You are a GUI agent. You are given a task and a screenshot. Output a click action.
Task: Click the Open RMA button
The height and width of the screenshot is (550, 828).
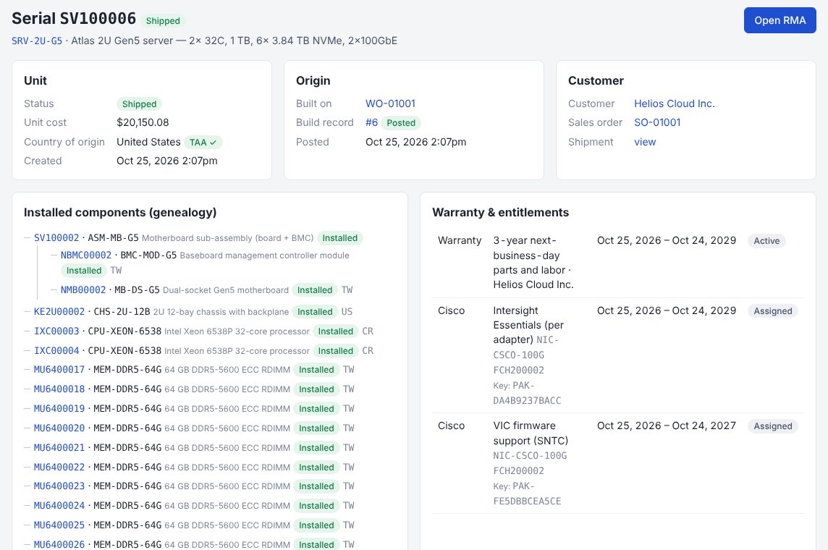(780, 20)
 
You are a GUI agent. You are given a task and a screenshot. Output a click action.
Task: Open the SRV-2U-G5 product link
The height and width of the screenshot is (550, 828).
(37, 41)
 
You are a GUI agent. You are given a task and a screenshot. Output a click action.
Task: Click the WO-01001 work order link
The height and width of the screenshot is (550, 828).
(390, 103)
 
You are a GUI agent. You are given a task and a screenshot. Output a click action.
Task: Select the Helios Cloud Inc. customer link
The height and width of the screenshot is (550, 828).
(675, 103)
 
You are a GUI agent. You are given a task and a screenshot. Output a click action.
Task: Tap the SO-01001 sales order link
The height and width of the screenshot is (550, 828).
(657, 122)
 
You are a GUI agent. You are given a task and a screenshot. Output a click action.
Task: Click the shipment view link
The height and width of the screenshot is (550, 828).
(645, 142)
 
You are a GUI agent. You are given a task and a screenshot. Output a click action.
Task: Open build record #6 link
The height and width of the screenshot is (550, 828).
(372, 122)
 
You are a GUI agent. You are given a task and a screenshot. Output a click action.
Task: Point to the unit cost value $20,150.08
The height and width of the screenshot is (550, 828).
(143, 122)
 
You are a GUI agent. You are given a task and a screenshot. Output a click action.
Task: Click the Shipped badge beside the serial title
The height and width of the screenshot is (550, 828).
(163, 20)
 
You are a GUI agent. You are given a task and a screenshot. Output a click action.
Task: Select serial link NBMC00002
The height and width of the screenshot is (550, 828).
(86, 255)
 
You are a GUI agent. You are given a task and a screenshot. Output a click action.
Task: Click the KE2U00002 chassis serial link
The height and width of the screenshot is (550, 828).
(59, 312)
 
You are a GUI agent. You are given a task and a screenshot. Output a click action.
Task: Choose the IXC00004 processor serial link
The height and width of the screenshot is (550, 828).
(56, 351)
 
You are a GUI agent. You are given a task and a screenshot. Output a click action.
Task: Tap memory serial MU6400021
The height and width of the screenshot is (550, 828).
(59, 448)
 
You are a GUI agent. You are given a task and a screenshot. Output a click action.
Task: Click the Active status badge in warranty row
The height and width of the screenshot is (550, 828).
(766, 241)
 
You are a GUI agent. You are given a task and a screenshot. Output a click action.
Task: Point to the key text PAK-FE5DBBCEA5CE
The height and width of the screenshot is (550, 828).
(527, 494)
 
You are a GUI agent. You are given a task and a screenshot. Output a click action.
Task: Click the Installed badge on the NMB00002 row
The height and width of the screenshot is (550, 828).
(315, 290)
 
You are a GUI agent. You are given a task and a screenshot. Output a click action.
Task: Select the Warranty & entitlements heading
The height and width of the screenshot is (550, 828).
(501, 212)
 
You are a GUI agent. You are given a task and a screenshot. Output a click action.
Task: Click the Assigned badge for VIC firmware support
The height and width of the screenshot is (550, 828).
(772, 426)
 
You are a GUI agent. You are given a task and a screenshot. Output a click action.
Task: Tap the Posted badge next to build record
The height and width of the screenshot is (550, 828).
(401, 123)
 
